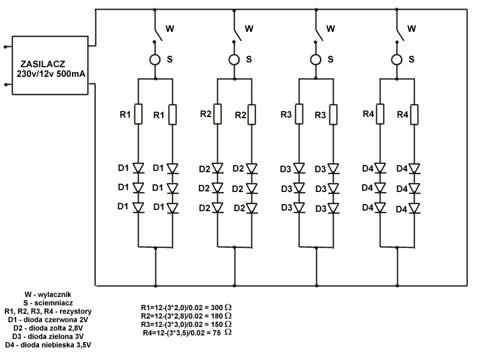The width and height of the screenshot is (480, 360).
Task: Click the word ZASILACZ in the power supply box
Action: [43, 64]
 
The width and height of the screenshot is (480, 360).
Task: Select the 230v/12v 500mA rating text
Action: [51, 74]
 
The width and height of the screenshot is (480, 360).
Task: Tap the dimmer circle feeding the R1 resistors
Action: [155, 59]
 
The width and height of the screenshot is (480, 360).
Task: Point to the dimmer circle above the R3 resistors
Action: [316, 59]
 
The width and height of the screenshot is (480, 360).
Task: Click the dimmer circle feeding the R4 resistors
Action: [397, 59]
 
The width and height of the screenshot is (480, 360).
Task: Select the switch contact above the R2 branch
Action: [238, 35]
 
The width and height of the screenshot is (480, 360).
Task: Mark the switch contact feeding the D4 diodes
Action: [400, 35]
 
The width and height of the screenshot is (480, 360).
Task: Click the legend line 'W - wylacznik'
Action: [48, 295]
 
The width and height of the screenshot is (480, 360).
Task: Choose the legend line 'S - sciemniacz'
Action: [48, 303]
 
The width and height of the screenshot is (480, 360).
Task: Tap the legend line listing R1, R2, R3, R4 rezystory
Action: [48, 311]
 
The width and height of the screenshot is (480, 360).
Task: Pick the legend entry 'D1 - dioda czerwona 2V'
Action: [48, 320]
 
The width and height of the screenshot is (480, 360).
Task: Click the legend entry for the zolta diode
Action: [48, 328]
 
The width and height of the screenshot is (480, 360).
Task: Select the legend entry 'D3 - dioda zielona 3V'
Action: [48, 337]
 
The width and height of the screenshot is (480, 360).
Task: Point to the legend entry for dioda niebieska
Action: [48, 345]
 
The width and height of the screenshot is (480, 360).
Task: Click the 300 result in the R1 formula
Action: [217, 308]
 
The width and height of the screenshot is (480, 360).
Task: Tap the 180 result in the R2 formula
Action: [217, 316]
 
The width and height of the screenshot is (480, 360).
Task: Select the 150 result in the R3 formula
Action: [217, 325]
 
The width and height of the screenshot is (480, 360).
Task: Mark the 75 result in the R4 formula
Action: [217, 333]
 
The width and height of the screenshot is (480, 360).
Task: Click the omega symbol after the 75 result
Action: [228, 332]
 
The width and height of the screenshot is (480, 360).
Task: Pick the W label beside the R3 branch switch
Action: [331, 29]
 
